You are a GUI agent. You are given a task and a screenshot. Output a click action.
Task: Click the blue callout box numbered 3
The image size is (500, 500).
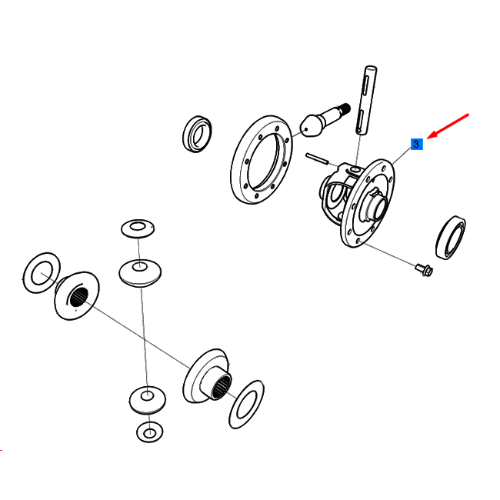416,144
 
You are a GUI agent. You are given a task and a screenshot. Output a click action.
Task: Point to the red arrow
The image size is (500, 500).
448,126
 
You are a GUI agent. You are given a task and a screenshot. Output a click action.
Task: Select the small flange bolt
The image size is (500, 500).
424,269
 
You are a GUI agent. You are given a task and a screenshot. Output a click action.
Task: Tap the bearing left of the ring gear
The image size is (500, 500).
197,134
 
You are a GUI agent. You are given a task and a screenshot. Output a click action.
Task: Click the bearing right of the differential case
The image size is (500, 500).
451,238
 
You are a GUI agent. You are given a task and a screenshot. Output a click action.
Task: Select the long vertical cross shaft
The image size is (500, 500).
365,101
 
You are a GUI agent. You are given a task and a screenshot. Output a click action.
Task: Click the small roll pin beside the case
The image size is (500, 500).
317,158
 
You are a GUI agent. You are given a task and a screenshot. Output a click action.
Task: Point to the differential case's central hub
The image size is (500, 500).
377,206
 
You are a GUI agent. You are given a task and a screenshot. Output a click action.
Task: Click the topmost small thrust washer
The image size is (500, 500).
138,228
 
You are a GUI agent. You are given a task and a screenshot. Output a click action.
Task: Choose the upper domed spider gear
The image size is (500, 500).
140,272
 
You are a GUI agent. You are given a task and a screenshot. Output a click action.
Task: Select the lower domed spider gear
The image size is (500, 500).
148,400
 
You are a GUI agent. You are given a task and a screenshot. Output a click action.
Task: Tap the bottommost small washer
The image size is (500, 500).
149,432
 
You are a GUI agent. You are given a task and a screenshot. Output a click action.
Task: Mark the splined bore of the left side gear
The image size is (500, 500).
78,297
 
